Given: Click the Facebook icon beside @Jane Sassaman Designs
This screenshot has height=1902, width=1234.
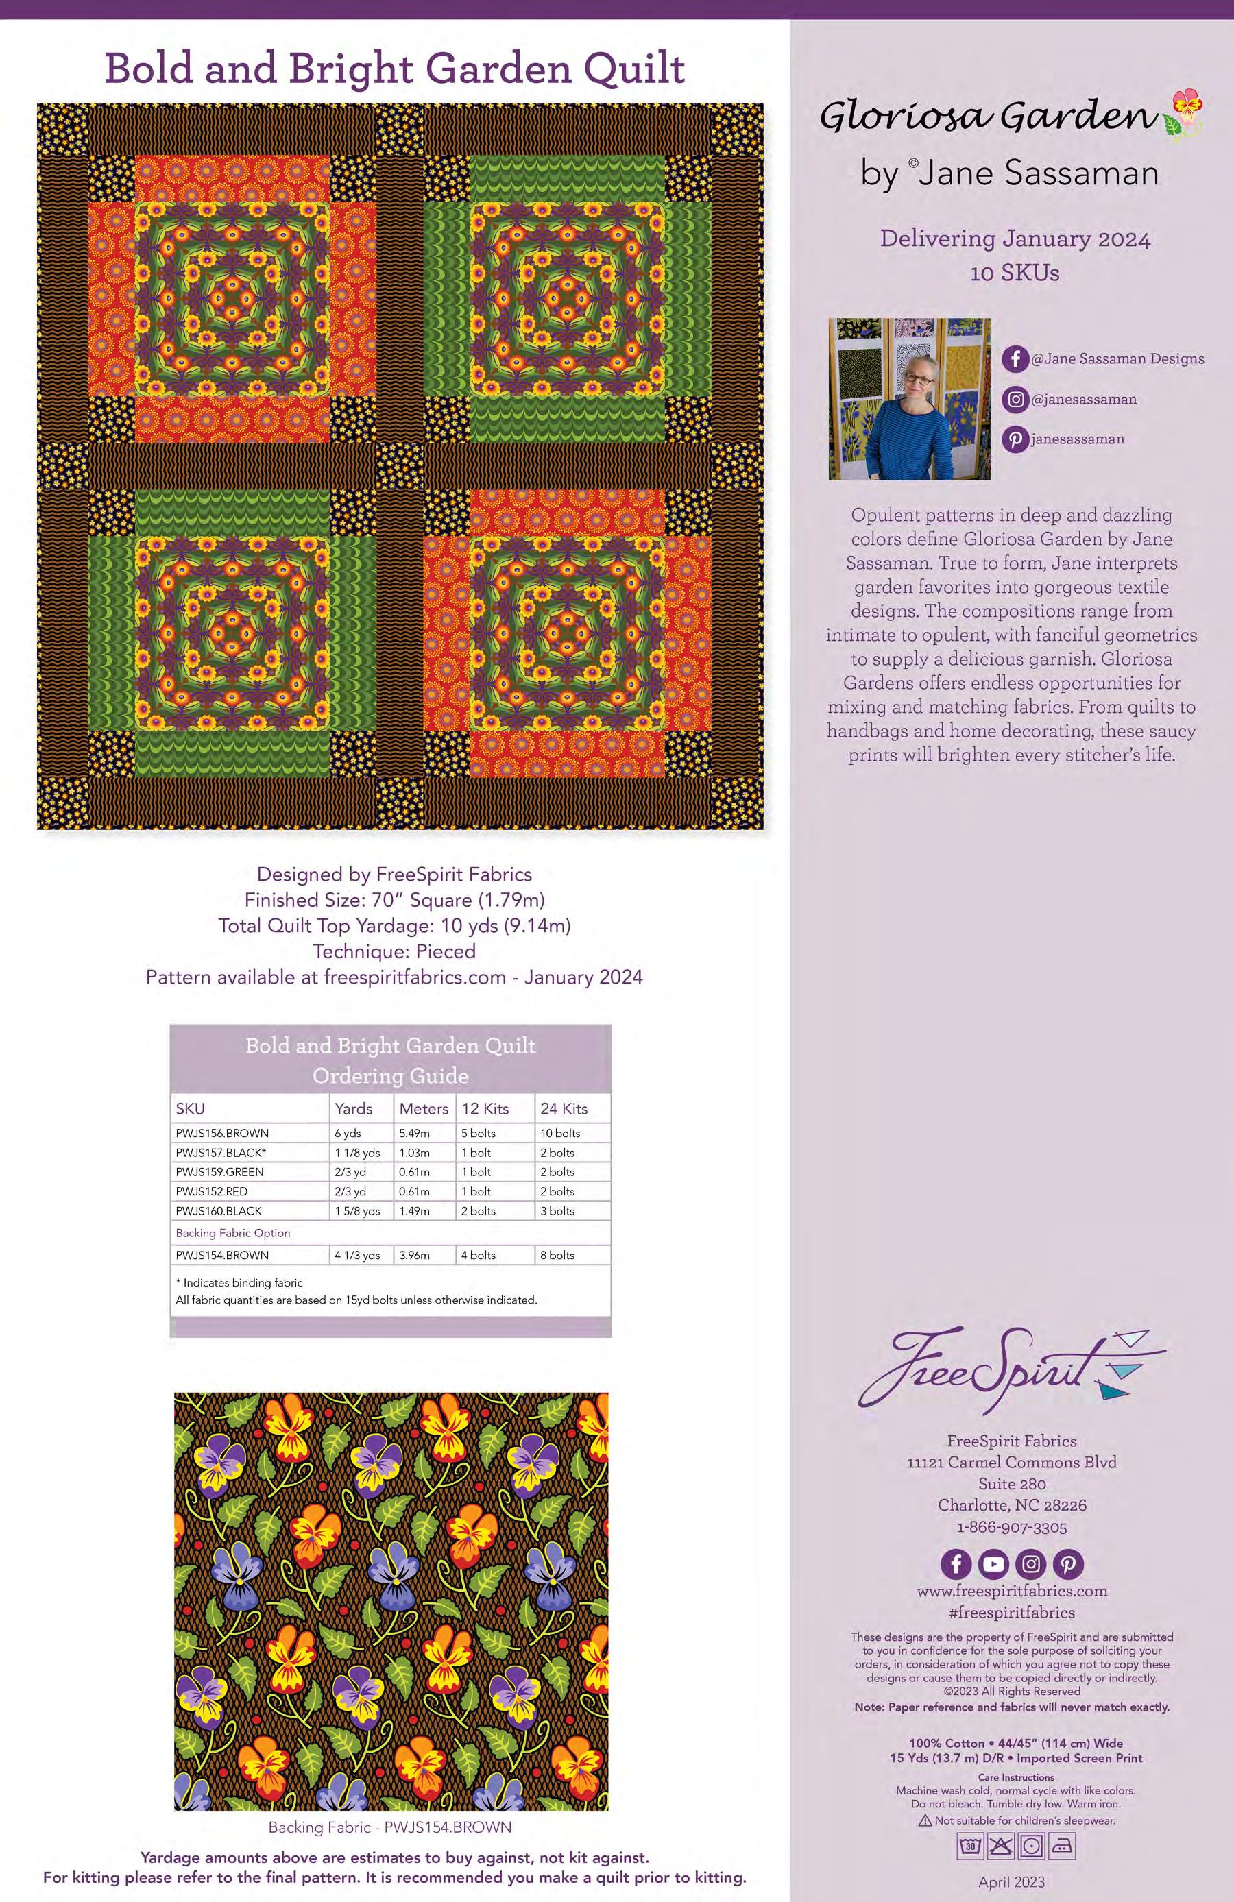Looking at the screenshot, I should point(1015,359).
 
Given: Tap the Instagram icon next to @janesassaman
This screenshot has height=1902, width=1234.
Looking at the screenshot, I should point(1015,400).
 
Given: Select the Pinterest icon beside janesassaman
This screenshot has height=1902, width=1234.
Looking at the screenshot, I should point(1015,439).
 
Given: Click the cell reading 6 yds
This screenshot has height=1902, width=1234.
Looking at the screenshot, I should point(348,1133).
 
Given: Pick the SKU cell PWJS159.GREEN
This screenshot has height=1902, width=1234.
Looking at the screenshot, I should point(220,1171).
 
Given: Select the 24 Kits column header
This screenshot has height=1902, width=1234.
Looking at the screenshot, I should point(564,1108).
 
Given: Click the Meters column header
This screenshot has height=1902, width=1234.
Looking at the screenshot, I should point(424,1108).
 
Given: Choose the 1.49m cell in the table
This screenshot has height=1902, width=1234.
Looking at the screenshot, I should point(414,1210).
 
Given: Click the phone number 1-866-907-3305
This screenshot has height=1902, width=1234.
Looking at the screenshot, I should point(1012,1527).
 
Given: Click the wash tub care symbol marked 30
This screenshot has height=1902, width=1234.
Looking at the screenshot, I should point(970,1846).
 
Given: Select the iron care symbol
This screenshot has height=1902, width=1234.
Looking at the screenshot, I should point(1061,1846).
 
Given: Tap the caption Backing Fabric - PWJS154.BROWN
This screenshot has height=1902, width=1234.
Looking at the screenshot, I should point(389,1827).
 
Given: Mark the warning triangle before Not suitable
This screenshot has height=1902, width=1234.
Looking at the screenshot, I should point(925,1820).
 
